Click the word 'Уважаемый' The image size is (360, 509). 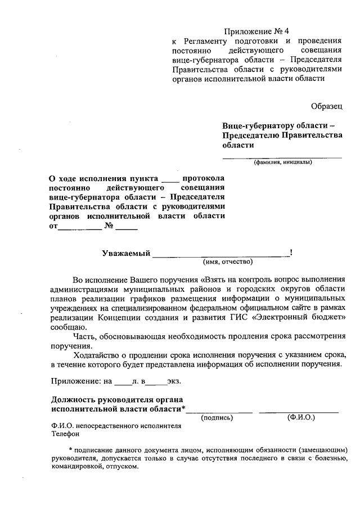126,253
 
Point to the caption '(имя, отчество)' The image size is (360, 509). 228,262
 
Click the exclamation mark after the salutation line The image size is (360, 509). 290,253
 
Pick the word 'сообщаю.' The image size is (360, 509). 68,327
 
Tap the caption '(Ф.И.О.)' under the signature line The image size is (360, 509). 301,417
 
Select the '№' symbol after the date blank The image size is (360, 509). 110,227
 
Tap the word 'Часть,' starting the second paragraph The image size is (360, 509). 84,336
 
